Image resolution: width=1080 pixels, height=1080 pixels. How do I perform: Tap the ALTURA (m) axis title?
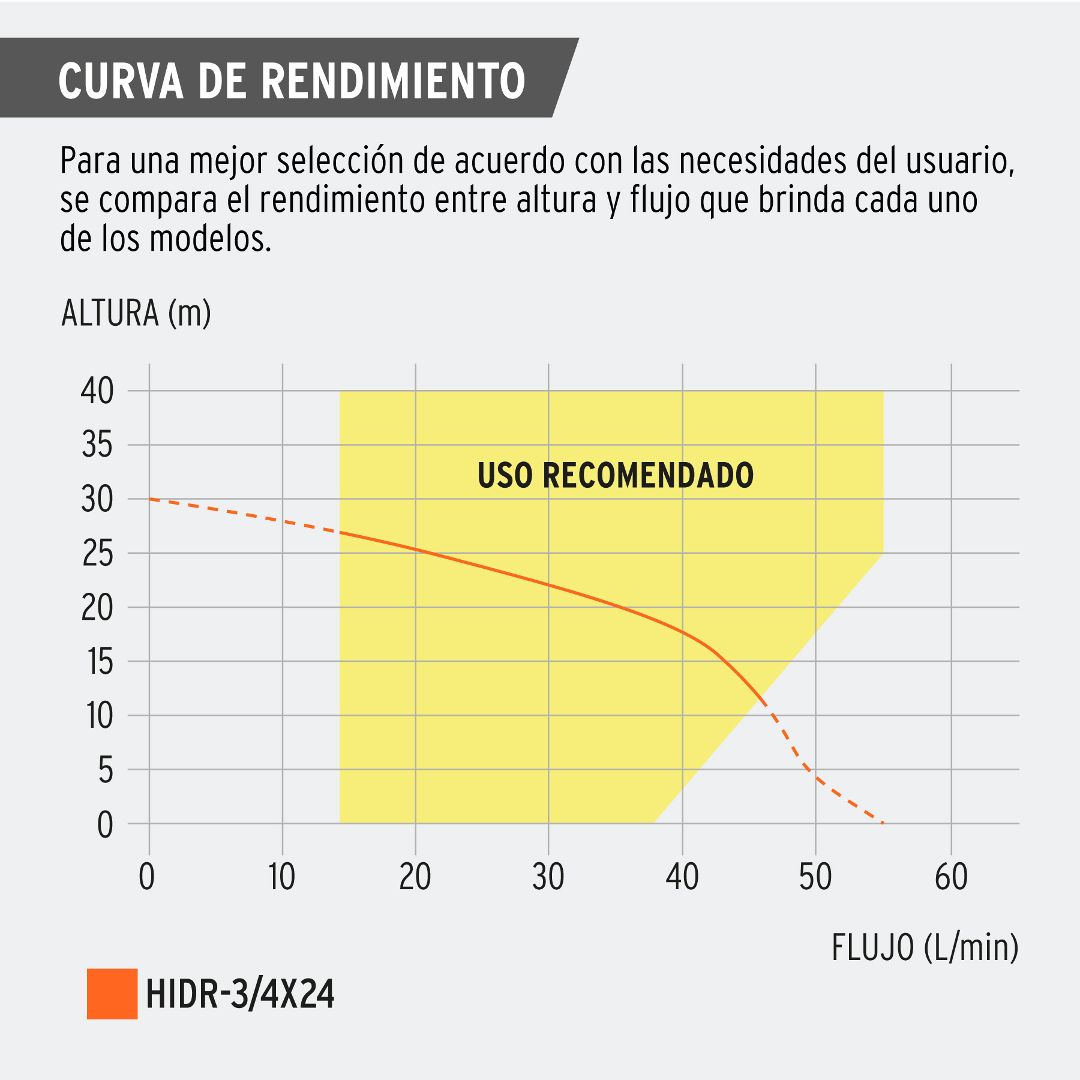coord(136,313)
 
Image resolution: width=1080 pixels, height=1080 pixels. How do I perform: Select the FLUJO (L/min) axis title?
coord(925,948)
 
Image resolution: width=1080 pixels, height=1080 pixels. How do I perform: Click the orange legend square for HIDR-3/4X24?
coord(112,994)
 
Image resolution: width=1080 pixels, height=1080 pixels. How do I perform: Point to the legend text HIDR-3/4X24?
coord(240,994)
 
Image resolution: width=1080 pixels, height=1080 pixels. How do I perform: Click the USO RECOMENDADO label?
coord(615,476)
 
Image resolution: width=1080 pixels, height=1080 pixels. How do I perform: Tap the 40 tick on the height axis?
coord(97,391)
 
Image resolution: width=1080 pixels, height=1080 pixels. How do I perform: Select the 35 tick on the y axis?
coord(97,445)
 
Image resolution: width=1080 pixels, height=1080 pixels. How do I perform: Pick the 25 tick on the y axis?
coord(97,553)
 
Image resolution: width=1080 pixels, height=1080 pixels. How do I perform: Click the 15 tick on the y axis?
coord(99,662)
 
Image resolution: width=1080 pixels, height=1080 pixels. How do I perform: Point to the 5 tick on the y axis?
coord(106,770)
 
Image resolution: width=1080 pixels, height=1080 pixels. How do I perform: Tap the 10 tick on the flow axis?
coord(281,877)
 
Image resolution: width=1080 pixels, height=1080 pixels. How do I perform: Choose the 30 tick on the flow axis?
coord(548,877)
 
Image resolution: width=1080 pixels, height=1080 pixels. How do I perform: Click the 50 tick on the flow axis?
coord(815,877)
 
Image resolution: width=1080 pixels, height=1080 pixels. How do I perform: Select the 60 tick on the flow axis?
coord(951,877)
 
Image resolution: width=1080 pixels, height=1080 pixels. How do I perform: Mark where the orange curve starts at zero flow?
coord(150,499)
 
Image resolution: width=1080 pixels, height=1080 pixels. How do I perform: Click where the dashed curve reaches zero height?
coord(883,823)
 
